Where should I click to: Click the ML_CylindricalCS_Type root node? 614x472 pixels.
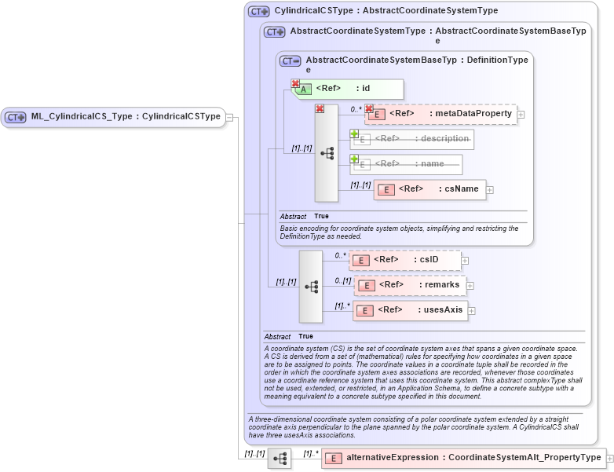coord(113,117)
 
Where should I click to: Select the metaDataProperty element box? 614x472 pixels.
coord(440,114)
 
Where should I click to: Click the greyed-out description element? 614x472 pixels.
coord(413,139)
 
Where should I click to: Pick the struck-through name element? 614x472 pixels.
coord(407,164)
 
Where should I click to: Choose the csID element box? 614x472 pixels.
coord(404,260)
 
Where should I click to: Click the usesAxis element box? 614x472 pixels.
coord(410,310)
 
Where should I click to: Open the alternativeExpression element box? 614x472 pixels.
coord(463,458)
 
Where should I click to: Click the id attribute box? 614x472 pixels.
coord(349,89)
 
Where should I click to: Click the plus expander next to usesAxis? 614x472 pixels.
coord(472,311)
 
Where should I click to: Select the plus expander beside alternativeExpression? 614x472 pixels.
coord(609,458)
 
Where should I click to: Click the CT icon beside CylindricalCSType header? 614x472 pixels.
coord(258,12)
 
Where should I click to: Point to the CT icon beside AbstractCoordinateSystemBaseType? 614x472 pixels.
coord(291,60)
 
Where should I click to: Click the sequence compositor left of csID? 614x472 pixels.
coord(311,287)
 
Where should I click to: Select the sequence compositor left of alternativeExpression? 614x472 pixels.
coord(280,458)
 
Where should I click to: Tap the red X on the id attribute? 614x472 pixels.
coord(296,82)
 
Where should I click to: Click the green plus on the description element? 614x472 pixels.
coord(354,134)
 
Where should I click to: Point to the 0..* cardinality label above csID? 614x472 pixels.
coord(340,255)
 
